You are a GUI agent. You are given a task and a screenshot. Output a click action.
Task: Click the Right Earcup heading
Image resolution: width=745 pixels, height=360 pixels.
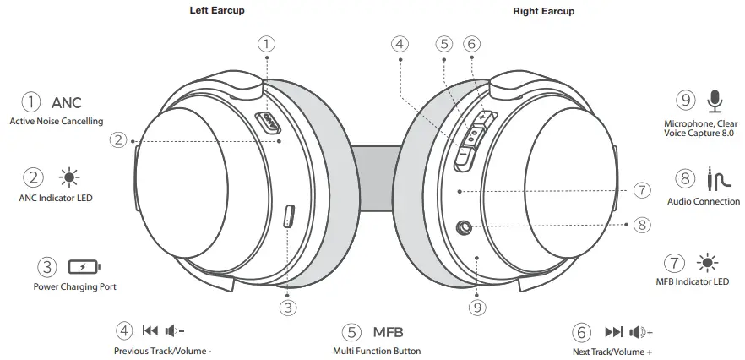tap(543, 11)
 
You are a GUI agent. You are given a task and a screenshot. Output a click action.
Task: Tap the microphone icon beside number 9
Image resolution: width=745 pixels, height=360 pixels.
tap(715, 101)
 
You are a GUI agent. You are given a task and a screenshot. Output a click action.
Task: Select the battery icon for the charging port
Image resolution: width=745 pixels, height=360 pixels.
tap(83, 268)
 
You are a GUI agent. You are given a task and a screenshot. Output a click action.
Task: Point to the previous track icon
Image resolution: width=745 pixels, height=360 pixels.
tap(150, 331)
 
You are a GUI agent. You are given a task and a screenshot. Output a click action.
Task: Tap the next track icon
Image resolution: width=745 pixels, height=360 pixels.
tap(614, 331)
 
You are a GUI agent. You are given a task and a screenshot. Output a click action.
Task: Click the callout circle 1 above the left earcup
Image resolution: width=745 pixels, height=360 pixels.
tap(266, 42)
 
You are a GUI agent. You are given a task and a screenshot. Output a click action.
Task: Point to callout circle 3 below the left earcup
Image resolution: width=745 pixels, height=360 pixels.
tap(289, 308)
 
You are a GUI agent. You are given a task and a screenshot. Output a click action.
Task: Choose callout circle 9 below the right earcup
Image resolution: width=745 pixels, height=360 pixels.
tap(477, 308)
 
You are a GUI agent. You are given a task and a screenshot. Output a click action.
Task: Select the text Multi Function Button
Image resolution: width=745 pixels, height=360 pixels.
tap(377, 351)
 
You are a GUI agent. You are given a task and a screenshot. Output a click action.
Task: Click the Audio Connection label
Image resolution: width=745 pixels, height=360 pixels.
tap(703, 202)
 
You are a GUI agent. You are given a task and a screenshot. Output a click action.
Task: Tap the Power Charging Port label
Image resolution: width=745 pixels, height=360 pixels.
tap(74, 286)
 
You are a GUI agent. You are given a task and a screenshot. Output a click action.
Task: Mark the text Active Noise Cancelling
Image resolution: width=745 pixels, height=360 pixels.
tap(57, 122)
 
